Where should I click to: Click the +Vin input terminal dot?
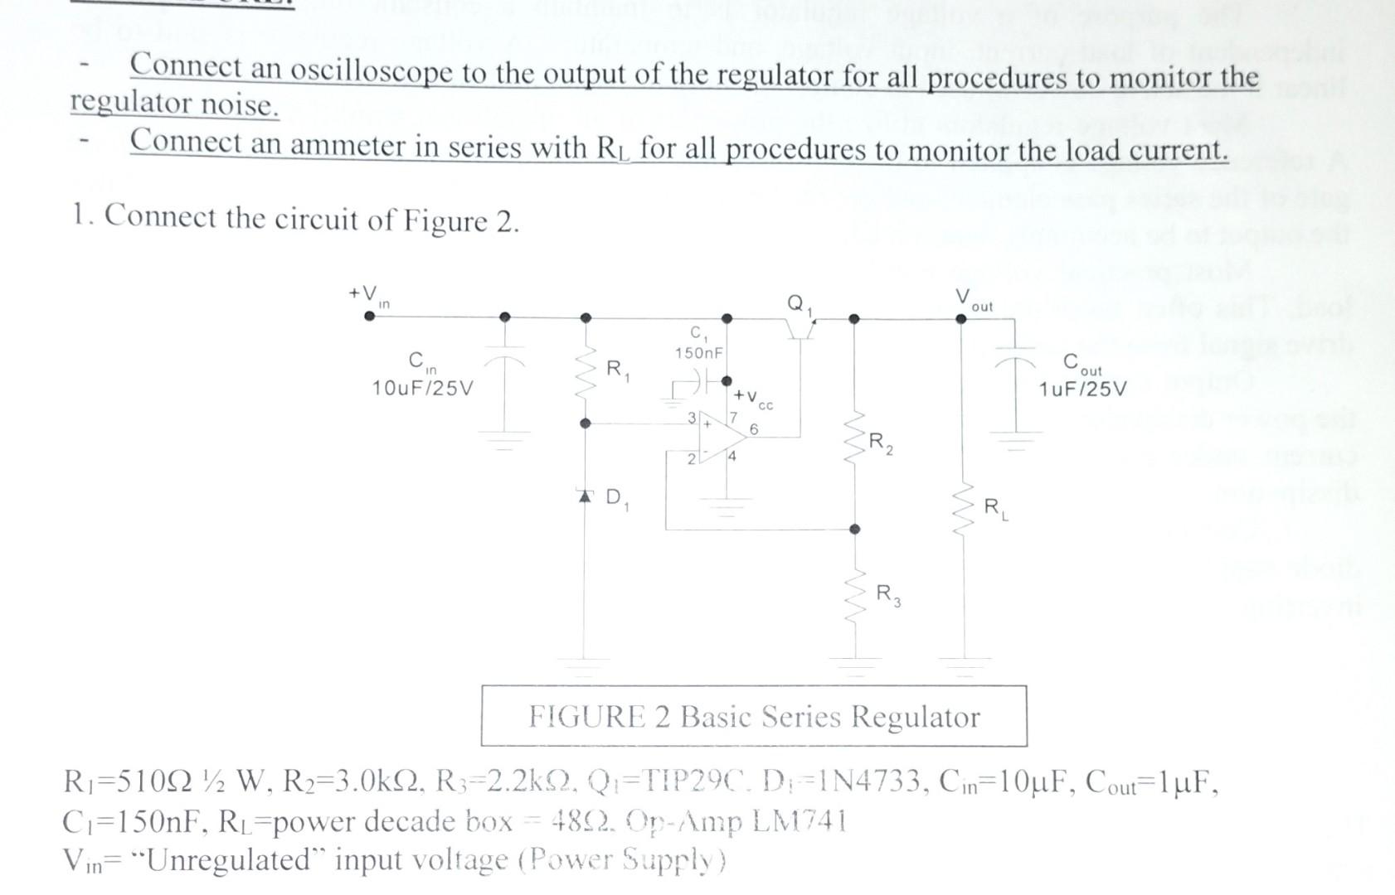tap(369, 315)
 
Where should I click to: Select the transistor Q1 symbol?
tap(800, 330)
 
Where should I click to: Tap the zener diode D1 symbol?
tap(586, 496)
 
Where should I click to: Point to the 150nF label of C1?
tap(698, 353)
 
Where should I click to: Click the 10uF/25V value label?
tap(422, 388)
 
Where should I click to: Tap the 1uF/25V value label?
tap(1082, 389)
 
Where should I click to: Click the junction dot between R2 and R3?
tap(855, 529)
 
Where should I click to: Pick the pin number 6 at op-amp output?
tap(753, 429)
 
